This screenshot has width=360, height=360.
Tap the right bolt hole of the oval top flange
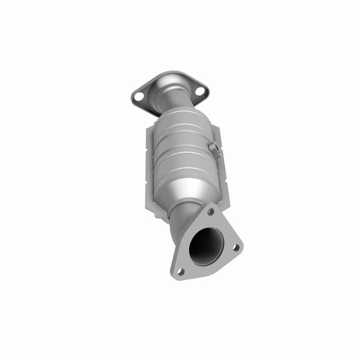(x=201, y=94)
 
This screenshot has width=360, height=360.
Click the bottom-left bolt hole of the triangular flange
(x=180, y=271)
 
